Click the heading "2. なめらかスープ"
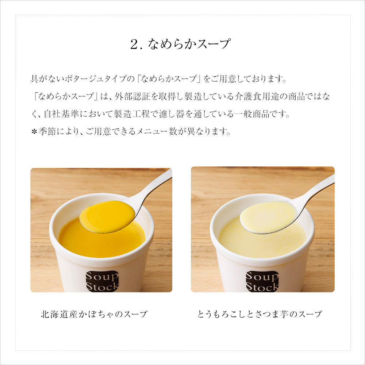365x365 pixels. [x=180, y=45]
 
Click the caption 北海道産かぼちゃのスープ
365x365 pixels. [x=94, y=314]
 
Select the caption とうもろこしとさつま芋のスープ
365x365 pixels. [x=260, y=314]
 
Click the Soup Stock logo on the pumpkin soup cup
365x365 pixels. [x=102, y=281]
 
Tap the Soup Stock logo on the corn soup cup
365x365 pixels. [x=262, y=281]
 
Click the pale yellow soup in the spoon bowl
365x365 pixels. [x=268, y=217]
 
